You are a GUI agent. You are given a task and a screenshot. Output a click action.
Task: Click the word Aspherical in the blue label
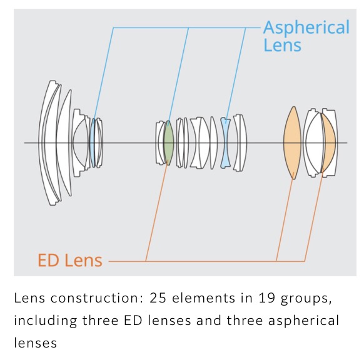coord(306,28)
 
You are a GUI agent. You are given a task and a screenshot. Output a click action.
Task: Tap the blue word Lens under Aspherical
coord(282,45)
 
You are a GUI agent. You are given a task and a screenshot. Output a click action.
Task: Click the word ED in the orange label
coord(48,260)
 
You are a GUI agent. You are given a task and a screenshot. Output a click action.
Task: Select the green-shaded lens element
coord(168,142)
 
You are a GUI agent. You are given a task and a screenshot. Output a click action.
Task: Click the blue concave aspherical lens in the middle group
coord(225,142)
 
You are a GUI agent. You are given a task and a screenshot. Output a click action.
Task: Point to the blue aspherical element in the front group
coord(93,142)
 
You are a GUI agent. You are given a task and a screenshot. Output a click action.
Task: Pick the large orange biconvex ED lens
coord(293,143)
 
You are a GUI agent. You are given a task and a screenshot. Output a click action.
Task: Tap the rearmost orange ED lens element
coord(330,143)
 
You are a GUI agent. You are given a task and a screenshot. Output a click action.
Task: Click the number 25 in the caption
coord(158,298)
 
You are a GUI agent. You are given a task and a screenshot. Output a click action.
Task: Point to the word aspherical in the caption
coord(303,321)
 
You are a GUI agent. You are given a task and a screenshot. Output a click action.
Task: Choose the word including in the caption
coord(46,321)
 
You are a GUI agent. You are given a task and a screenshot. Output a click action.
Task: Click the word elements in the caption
coord(203,298)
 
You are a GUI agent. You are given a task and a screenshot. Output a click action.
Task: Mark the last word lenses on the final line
coord(35,343)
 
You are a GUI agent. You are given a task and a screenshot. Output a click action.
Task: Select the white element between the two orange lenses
coord(313,143)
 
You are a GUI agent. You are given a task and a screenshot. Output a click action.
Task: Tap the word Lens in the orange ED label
coord(83,260)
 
